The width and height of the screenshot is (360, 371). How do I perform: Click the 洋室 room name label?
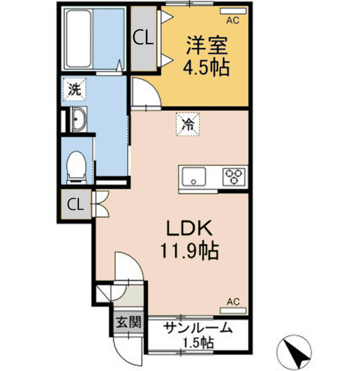tap(206, 45)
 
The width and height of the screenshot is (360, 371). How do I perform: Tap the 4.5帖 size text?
tap(206, 68)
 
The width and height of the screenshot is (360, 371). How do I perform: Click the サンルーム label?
tap(198, 328)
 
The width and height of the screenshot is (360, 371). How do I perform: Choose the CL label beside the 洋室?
tap(143, 38)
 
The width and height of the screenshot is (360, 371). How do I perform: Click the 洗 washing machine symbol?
tap(75, 89)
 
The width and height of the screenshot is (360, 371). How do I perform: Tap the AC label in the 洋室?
tap(232, 20)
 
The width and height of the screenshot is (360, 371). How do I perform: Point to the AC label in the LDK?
tap(232, 301)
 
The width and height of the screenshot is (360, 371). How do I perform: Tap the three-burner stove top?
tap(235, 174)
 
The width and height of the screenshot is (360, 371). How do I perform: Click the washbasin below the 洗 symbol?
tap(77, 120)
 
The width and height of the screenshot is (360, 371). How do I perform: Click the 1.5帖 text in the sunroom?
tap(198, 342)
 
